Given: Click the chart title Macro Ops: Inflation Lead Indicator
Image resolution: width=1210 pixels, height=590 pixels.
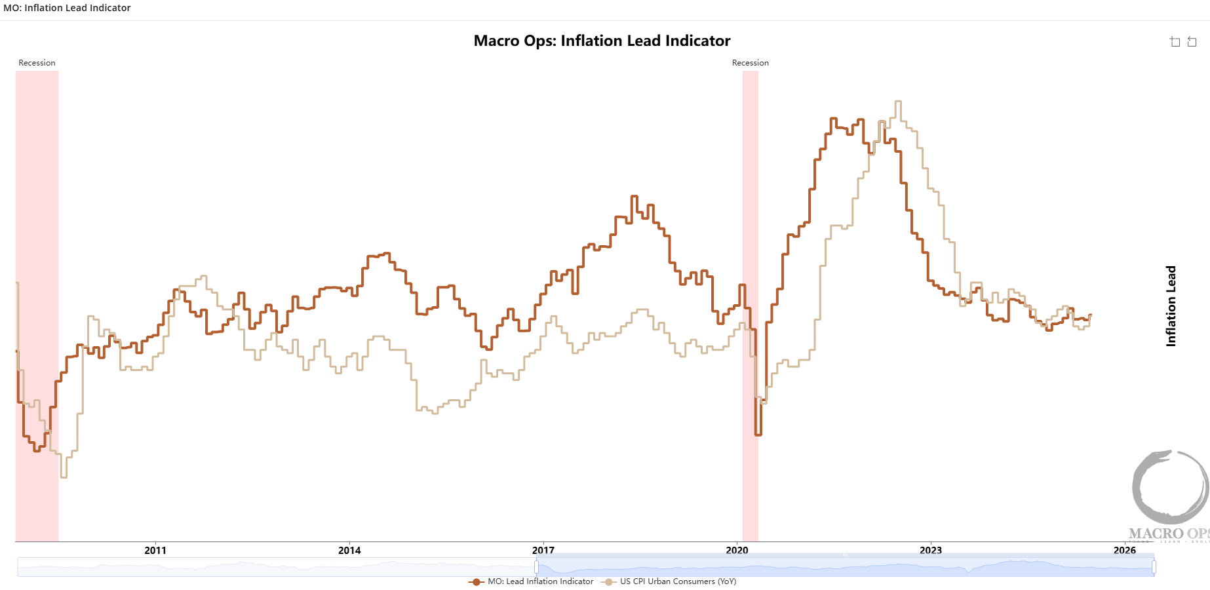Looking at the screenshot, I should click(602, 41).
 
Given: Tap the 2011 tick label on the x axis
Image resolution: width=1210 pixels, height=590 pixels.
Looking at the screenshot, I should click(155, 550).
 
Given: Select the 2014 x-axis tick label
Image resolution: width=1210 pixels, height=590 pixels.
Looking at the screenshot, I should click(349, 550).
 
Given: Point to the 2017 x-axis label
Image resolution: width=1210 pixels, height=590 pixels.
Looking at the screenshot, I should click(543, 550).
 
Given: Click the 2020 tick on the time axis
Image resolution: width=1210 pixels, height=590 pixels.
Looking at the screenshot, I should click(737, 550).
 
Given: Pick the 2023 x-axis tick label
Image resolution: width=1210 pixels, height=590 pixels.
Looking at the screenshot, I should click(931, 550).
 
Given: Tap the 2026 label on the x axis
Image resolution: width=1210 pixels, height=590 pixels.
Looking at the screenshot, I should click(1125, 550).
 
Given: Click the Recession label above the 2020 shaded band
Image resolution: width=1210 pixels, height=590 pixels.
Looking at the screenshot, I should click(750, 63).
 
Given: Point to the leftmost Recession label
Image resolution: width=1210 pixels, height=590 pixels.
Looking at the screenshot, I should click(37, 63).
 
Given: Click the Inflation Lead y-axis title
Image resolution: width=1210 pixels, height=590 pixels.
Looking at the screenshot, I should click(1171, 305).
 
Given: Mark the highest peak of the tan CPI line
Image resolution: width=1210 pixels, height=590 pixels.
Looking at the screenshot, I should click(898, 102).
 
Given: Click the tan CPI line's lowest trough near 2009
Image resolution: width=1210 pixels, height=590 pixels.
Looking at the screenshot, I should click(64, 477).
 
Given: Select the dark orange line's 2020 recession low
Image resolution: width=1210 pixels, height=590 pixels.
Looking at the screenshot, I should click(758, 434).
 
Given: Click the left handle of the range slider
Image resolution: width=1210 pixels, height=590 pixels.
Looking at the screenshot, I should click(536, 567).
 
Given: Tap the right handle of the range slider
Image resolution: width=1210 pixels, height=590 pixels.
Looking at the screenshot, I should click(1154, 567).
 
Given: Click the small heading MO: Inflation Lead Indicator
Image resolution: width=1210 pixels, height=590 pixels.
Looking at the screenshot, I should click(67, 8).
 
